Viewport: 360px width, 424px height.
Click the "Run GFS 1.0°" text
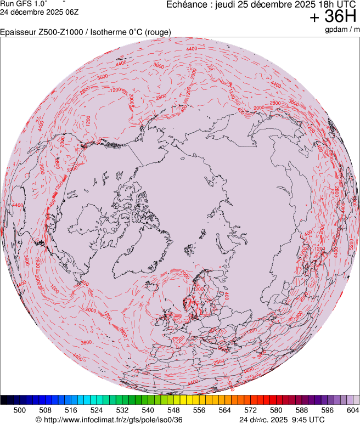click(x=24, y=3)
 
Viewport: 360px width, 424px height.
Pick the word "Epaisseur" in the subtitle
click(x=18, y=32)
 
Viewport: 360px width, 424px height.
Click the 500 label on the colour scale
click(x=20, y=410)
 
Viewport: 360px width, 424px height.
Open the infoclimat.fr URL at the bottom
click(x=109, y=420)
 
